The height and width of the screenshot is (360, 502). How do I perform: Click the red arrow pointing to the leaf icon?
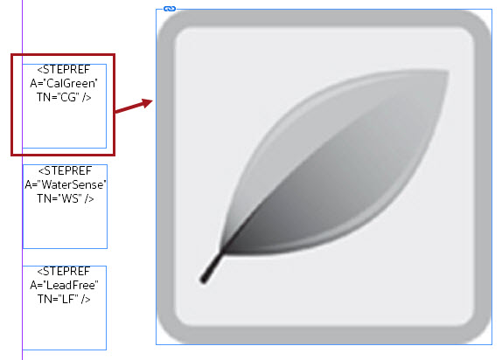point(134,106)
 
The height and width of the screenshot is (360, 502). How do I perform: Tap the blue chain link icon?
point(170,9)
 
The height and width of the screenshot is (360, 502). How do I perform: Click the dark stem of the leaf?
point(212,267)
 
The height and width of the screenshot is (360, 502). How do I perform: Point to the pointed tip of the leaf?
point(448,73)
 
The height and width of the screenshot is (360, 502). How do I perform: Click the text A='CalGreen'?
point(64,83)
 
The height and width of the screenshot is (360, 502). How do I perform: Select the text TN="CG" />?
point(64,97)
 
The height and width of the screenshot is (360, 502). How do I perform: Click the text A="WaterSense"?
point(66,184)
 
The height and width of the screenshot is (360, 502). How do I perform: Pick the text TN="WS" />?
point(66,198)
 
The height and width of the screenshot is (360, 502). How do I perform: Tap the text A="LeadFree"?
point(64,285)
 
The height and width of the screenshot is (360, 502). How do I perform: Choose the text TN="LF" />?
point(64,299)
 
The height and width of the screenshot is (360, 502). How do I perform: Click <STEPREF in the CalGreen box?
point(64,69)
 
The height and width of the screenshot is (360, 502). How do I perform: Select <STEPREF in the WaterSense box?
point(65,171)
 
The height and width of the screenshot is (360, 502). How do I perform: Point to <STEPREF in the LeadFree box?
point(64,272)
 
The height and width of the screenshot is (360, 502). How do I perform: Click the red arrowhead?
point(147,102)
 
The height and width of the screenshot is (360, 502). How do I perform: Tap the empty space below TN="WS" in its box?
point(65,225)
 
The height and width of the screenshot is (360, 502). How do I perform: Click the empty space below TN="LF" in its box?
point(65,327)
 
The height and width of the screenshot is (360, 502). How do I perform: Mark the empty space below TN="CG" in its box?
point(65,125)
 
